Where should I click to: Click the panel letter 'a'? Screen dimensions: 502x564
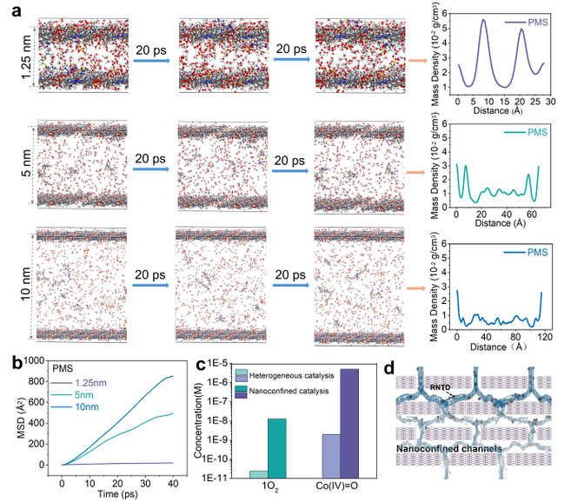pos(7,8)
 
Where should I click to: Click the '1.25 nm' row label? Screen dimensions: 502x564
pos(9,54)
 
